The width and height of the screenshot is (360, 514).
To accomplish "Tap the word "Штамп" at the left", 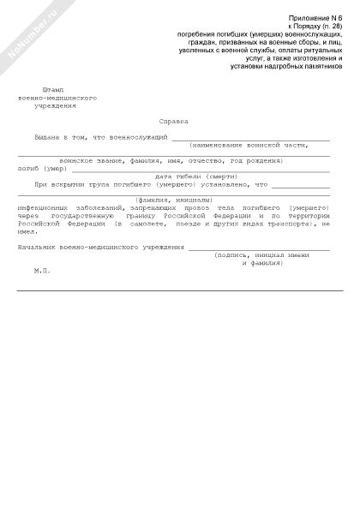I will coord(52,89).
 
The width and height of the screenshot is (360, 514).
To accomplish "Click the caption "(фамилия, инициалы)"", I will coord(178,200).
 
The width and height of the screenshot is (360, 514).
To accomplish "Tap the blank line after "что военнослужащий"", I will coord(250,137).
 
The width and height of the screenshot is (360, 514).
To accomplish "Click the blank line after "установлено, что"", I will coord(300,184).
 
